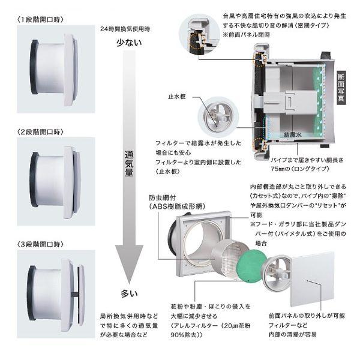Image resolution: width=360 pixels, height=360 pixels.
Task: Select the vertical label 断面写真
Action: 341,86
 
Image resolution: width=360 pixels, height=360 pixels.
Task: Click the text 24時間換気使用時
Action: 125,28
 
